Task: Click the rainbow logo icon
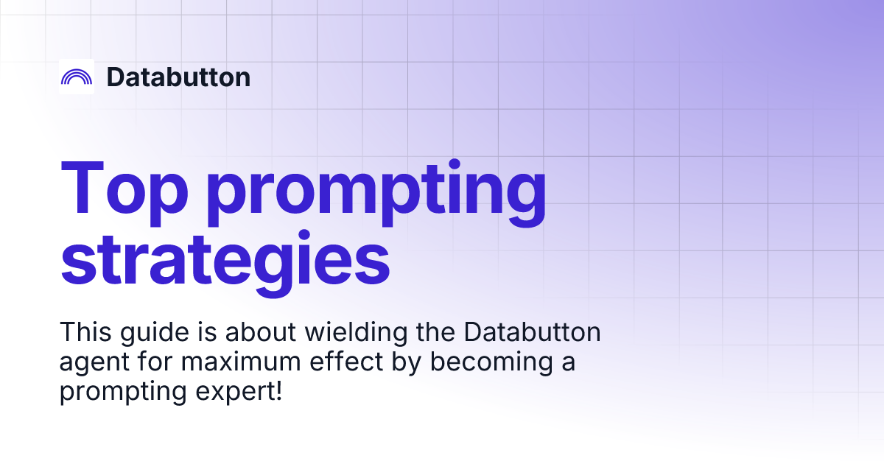point(77,77)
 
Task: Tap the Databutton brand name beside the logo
point(178,77)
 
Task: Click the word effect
point(332,362)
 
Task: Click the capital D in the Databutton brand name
point(114,77)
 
